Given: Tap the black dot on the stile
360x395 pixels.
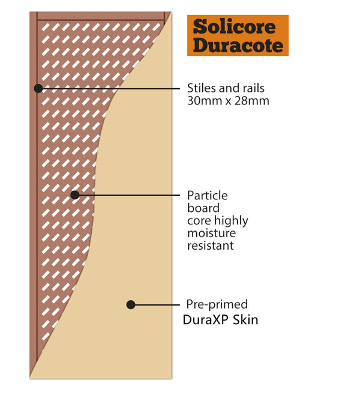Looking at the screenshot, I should click(38, 88).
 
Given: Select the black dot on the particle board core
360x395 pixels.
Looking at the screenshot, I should click(75, 195).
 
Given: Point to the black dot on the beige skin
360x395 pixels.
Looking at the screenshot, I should click(131, 304).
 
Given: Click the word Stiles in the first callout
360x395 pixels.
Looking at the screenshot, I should click(202, 88).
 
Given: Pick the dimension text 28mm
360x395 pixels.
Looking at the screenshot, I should click(253, 101).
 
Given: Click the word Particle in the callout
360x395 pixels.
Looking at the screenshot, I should click(208, 196).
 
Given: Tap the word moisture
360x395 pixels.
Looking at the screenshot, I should click(211, 233).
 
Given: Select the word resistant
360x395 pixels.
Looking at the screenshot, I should click(211, 246).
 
